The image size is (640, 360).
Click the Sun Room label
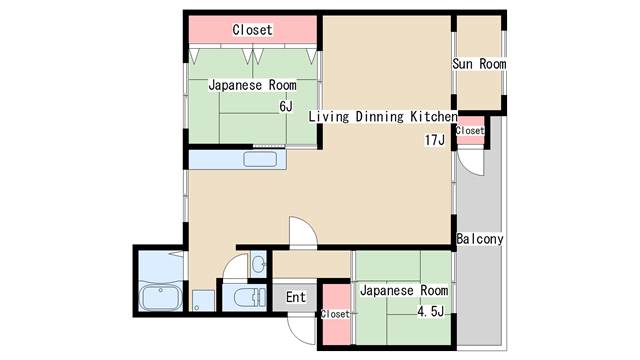479,64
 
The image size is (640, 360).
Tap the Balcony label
480,239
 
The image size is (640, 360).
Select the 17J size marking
435,140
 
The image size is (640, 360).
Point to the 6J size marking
286,107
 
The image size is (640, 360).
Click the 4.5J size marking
430,312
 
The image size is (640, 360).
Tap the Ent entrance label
296,297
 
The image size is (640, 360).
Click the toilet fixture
250,297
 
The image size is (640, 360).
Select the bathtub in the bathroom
160,298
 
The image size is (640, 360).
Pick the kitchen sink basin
260,160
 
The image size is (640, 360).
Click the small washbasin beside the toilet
258,264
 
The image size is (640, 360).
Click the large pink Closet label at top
252,30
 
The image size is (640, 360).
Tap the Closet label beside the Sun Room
470,131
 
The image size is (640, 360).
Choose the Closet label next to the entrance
335,314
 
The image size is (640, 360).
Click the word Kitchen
433,117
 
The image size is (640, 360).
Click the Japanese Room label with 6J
252,85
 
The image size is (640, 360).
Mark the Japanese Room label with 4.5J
404,291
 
